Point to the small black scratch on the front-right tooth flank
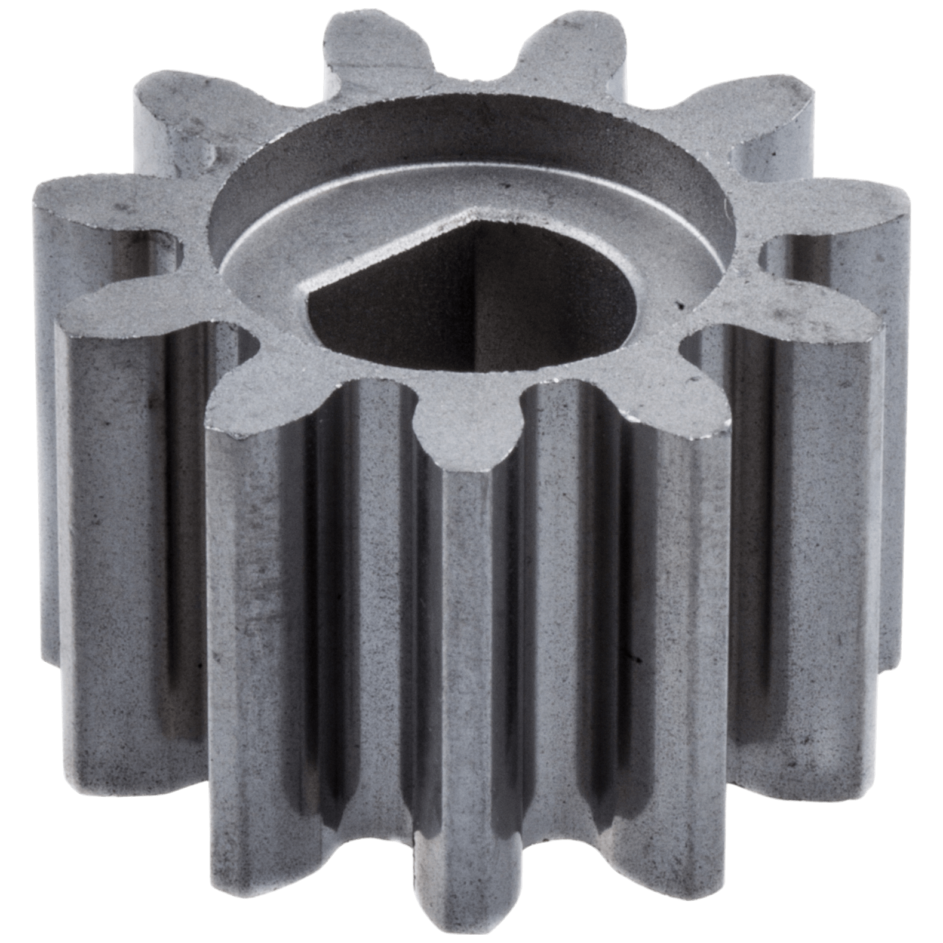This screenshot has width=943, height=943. [637, 660]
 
